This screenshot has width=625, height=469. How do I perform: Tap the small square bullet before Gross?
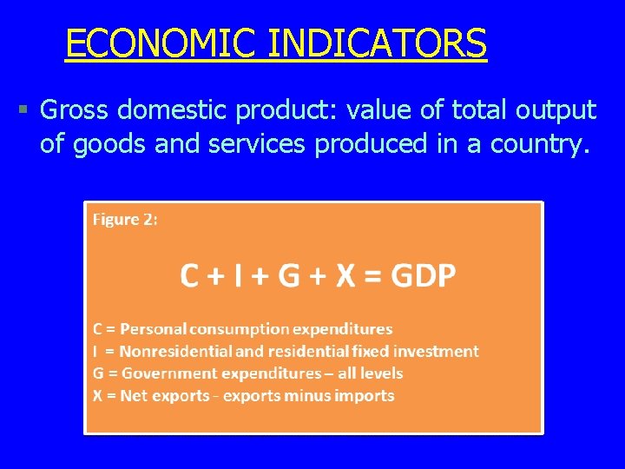[x=23, y=110]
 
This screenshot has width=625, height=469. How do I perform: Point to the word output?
[x=555, y=110]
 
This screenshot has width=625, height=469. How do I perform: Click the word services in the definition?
[x=257, y=144]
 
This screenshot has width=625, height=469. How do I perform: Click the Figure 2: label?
[x=125, y=220]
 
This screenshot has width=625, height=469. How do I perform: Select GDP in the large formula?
[x=423, y=276]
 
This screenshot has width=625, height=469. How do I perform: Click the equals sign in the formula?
[x=372, y=277]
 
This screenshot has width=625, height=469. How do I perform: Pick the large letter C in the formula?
[x=189, y=276]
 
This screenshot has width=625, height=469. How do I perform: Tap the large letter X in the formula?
[x=345, y=276]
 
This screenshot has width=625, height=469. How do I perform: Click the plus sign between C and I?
[x=214, y=277]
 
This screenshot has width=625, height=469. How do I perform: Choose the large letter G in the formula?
[x=287, y=276]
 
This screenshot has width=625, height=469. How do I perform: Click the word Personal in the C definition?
[x=153, y=329]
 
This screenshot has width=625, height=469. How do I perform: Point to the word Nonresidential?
[x=175, y=352]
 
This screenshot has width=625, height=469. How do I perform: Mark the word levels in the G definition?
[x=381, y=373]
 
